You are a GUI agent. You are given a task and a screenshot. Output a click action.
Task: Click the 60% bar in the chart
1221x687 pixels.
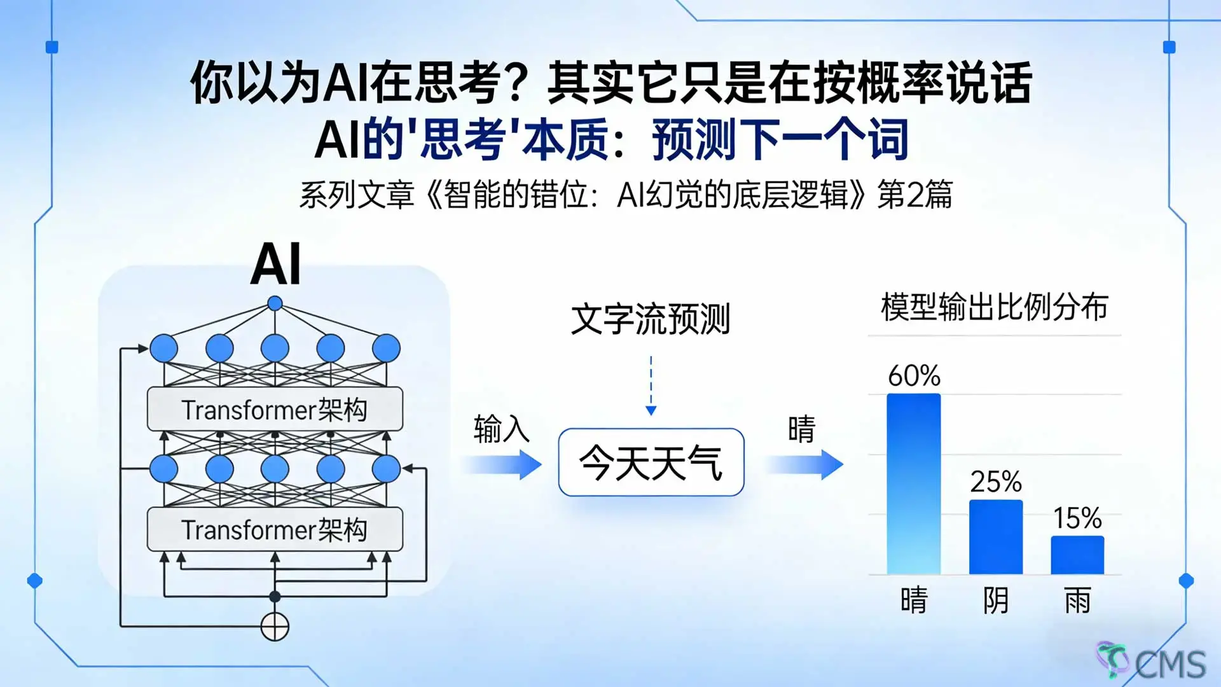pos(914,483)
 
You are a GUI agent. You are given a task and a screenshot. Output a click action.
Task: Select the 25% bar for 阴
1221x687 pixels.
pos(996,537)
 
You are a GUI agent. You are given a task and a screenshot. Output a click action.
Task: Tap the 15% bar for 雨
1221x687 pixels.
pos(1077,555)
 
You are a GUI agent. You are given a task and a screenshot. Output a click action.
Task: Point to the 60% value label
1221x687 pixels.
pos(914,376)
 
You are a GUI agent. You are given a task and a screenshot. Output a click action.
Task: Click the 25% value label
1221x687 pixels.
pos(996,482)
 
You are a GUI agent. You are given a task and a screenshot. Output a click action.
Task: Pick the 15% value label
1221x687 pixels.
pos(1077,518)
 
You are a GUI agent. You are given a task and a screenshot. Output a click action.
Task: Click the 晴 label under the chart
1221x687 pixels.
pos(914,600)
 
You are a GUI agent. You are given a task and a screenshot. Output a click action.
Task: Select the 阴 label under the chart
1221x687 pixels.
pos(996,600)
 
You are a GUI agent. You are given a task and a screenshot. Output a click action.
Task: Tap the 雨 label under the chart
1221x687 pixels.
pos(1077,600)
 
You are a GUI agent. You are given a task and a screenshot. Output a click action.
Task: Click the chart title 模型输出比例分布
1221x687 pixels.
pos(995,307)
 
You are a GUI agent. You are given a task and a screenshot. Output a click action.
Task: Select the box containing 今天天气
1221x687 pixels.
pos(651,462)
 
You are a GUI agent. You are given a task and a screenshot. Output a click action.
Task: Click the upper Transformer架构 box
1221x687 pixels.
pos(275,409)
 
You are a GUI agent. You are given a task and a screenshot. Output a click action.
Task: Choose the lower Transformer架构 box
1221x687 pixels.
pos(275,529)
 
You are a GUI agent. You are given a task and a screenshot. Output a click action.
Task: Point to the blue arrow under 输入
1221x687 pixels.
pos(502,465)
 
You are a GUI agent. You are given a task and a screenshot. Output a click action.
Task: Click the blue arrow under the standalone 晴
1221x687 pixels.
pos(804,465)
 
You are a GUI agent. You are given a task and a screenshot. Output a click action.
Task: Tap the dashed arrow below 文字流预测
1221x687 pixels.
pos(651,385)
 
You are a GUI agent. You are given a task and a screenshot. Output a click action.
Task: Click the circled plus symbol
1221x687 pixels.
pos(275,627)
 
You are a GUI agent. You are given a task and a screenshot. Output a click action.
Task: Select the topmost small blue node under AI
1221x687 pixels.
pos(275,303)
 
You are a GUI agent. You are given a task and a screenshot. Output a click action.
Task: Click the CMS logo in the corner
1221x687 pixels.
pos(1152,662)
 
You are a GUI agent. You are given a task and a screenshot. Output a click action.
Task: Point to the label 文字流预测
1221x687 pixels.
pos(651,319)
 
